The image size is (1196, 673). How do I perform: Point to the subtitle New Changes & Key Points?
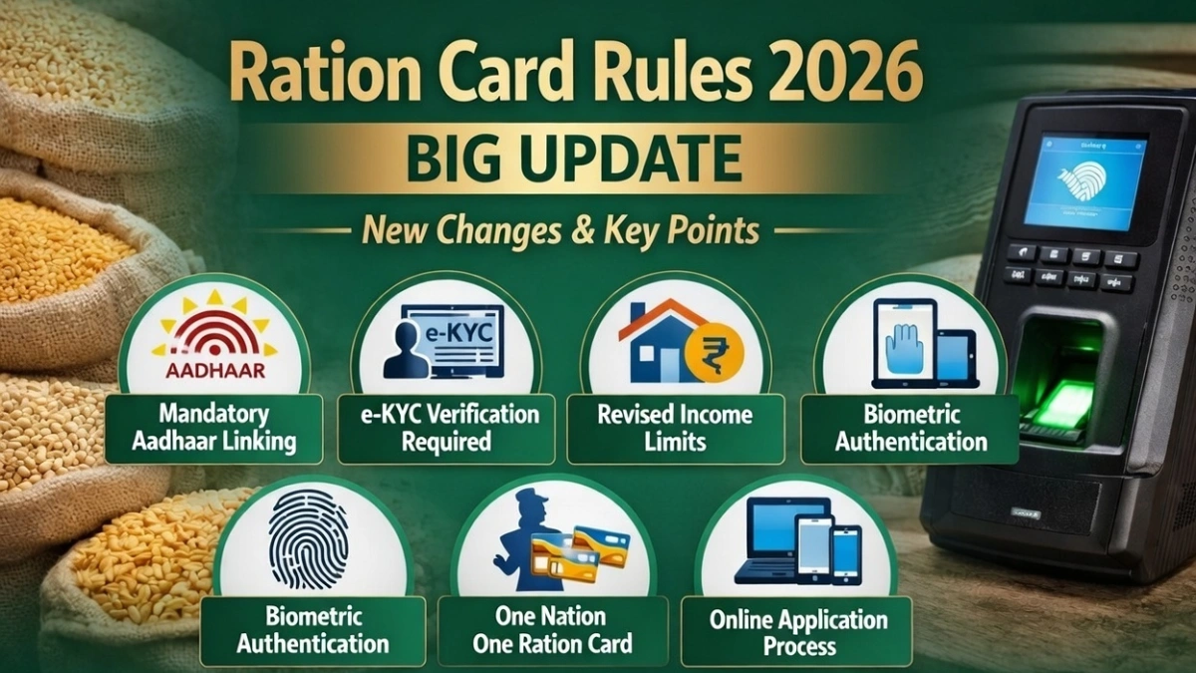[560, 231]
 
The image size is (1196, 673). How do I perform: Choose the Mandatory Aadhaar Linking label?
[213, 426]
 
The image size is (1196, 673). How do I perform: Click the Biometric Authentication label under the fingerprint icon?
[313, 629]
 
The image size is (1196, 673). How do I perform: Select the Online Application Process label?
[798, 632]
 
